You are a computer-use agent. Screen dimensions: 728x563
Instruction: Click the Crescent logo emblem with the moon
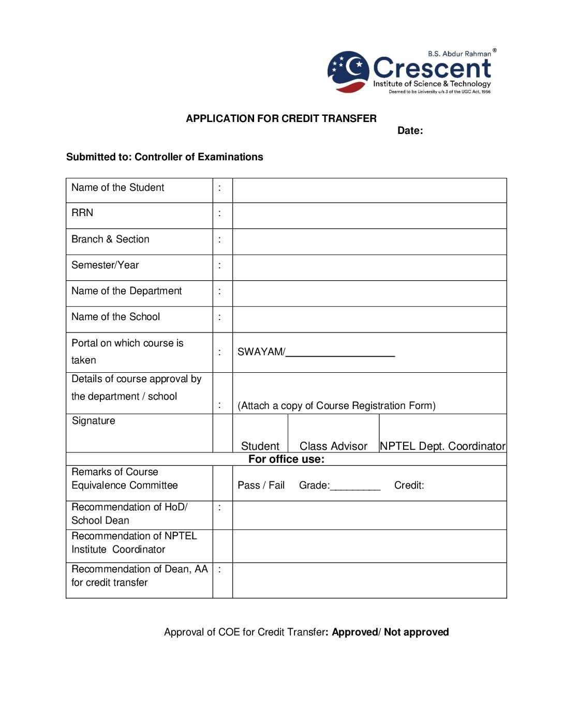[x=349, y=71]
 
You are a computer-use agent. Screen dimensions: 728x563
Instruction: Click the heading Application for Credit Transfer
[x=281, y=118]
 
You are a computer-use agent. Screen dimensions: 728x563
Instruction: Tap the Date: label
[x=410, y=131]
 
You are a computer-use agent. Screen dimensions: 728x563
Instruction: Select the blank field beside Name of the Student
[x=369, y=190]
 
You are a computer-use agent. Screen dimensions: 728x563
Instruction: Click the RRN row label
[x=82, y=213]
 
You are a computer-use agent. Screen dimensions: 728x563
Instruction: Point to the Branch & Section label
[x=110, y=239]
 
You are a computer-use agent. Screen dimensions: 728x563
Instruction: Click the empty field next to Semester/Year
[x=369, y=267]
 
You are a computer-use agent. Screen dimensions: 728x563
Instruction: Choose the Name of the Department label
[x=126, y=291]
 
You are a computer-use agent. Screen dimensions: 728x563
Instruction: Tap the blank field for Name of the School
[x=369, y=319]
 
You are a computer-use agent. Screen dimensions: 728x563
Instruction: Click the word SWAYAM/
[x=261, y=352]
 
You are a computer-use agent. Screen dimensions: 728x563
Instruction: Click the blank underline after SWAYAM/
[x=340, y=354]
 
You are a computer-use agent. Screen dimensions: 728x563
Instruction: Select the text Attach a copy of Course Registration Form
[x=336, y=406]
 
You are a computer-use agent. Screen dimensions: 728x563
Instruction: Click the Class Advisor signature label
[x=333, y=446]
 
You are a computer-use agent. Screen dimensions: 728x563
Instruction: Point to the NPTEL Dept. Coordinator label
[x=442, y=446]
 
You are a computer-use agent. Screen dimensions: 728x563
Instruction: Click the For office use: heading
[x=286, y=459]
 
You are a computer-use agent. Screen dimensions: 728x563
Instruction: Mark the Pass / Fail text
[x=261, y=486]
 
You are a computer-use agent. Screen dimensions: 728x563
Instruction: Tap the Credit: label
[x=409, y=486]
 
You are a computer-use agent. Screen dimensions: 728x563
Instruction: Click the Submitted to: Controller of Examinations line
[x=165, y=157]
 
